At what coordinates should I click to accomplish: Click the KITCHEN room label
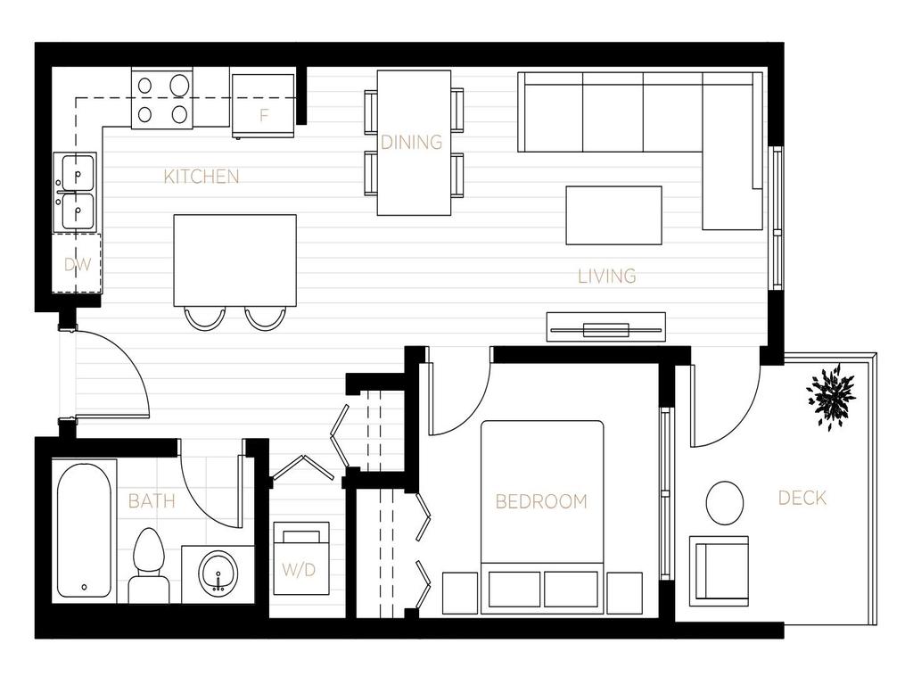tap(202, 177)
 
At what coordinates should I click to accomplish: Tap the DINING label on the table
tap(412, 142)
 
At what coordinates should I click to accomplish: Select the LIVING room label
tap(607, 276)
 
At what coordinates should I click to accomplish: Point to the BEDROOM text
tap(541, 501)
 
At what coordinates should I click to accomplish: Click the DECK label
tap(802, 499)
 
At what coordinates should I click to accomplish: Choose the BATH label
tap(152, 501)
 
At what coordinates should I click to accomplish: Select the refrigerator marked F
tap(263, 106)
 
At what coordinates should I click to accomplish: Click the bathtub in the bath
tap(85, 530)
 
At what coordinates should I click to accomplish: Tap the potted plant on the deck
tap(832, 395)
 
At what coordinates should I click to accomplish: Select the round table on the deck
tap(725, 503)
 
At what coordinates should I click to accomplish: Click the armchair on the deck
tap(719, 571)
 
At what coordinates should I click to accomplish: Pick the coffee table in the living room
tap(613, 215)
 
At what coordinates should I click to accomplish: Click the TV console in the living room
tap(606, 327)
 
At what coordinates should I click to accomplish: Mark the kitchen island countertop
tap(234, 259)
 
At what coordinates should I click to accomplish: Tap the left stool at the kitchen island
tap(204, 317)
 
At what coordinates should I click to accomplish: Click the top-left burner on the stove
tap(145, 86)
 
